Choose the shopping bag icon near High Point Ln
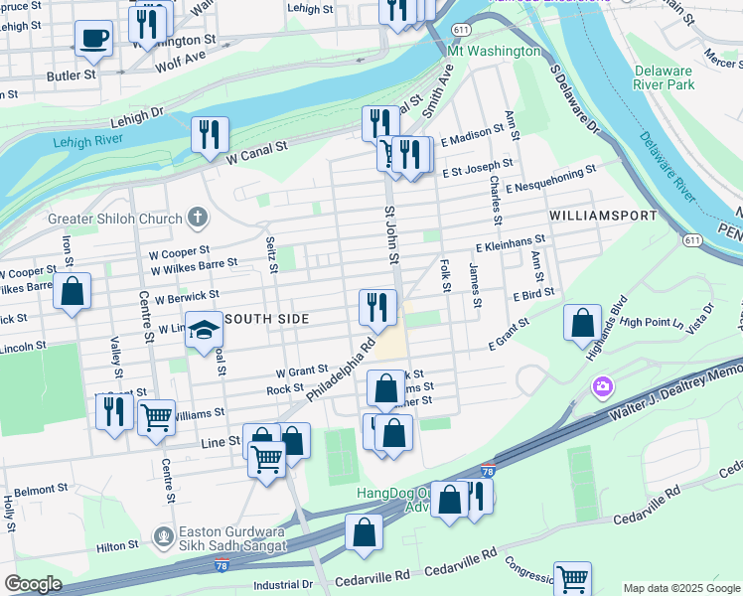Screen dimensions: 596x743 click(582, 322)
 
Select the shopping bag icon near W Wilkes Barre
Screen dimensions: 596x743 click(72, 291)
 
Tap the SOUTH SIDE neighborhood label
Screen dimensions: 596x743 click(266, 318)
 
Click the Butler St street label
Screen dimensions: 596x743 click(74, 74)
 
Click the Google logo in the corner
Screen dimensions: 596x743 click(33, 583)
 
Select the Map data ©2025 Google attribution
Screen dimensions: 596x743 click(681, 588)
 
